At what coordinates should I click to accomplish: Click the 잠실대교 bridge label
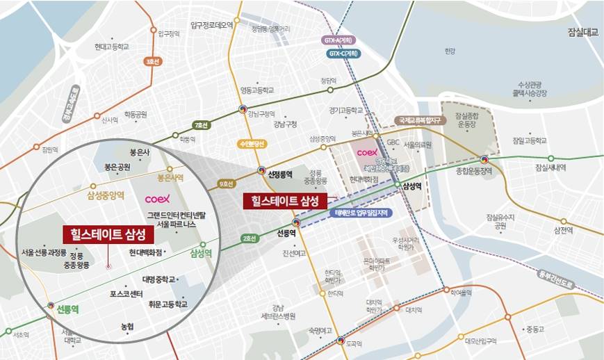click(582, 33)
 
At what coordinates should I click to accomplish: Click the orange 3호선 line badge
click(152, 62)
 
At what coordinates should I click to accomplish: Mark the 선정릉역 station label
click(280, 174)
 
